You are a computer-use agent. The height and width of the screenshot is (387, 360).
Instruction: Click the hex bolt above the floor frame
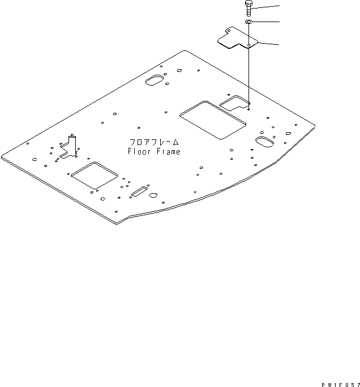tap(248, 8)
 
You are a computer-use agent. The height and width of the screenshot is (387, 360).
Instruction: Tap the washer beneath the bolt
tap(248, 22)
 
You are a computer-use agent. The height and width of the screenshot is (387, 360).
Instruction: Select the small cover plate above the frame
tap(237, 37)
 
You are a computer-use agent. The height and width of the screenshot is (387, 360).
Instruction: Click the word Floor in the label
tap(139, 151)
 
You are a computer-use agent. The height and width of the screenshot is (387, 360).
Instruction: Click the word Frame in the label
tap(168, 151)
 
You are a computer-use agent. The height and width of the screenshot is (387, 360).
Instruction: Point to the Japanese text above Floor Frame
tap(154, 142)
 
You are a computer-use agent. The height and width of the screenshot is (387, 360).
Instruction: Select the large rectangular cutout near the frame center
tap(213, 120)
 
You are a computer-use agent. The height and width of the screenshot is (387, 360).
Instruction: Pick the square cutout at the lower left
tap(94, 175)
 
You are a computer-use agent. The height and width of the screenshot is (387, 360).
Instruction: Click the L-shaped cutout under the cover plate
tap(234, 103)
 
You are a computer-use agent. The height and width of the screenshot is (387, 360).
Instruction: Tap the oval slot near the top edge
tap(155, 80)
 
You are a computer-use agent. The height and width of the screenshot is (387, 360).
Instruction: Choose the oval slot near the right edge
tap(264, 142)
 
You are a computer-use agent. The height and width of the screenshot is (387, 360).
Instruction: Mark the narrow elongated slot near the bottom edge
tap(139, 192)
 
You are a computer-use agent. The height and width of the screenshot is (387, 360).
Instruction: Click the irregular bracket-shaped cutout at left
tap(68, 147)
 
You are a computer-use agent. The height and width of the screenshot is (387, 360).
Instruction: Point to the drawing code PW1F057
tap(341, 385)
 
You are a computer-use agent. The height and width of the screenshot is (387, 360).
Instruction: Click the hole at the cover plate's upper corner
tap(229, 31)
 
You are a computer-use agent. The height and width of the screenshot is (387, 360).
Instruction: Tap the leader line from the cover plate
tap(268, 44)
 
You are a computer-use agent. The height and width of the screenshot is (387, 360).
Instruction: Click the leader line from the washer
tap(265, 22)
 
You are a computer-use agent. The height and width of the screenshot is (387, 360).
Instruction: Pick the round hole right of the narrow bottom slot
tap(153, 195)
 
